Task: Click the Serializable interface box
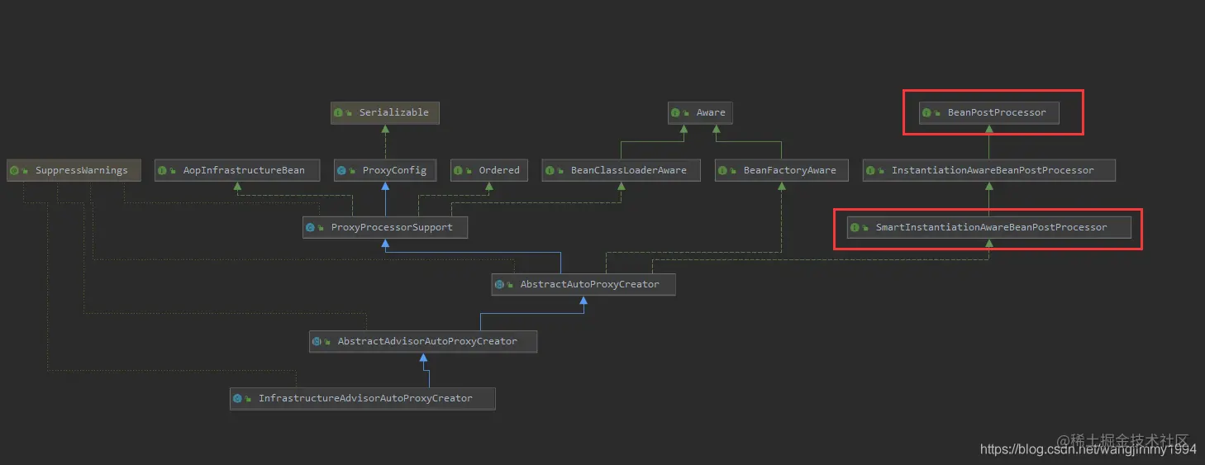coord(384,112)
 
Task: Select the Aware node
coord(700,112)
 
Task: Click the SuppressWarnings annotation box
coord(73,170)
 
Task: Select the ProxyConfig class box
coord(384,170)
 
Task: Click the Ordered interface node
coord(488,170)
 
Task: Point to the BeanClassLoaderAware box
coord(620,170)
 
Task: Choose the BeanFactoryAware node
coord(780,170)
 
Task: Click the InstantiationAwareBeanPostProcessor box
coord(988,170)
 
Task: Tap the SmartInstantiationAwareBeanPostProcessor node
coord(988,227)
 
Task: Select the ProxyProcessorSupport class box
coord(384,227)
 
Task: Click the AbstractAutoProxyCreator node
coord(583,284)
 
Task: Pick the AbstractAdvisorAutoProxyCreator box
coord(423,341)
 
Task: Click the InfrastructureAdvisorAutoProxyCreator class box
coord(362,398)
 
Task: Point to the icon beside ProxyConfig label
coord(341,170)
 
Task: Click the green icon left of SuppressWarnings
coord(14,170)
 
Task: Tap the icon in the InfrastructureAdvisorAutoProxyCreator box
coord(238,398)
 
